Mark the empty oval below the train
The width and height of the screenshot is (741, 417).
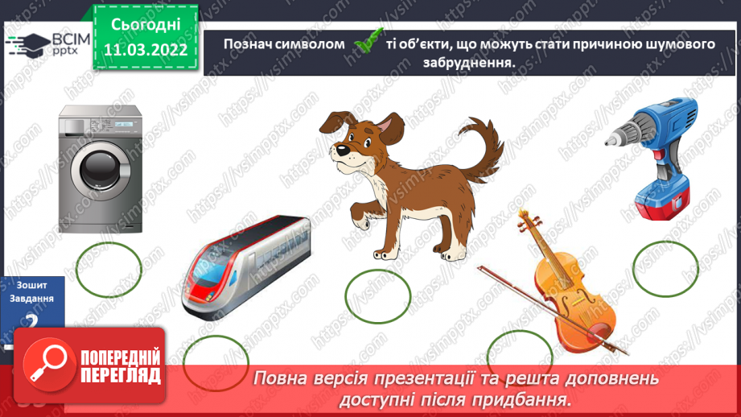point(216,361)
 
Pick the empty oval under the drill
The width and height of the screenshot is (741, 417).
point(666,267)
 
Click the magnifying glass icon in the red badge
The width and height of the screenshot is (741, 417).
point(49,365)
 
